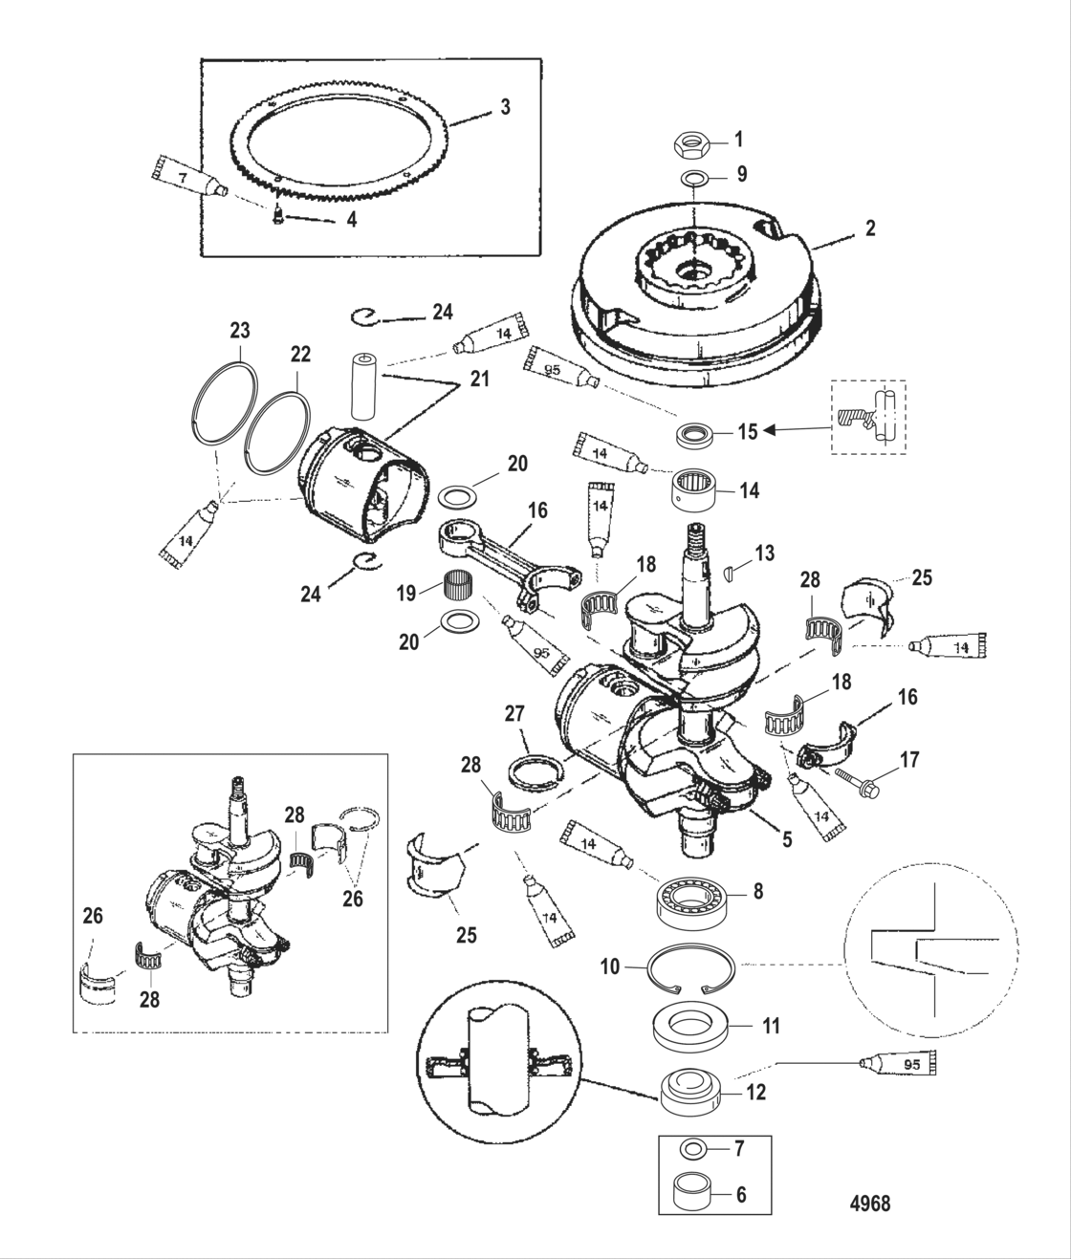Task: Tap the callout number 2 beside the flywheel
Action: coord(869,228)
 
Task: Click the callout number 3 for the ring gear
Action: coord(505,107)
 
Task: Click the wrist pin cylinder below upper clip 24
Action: coord(365,386)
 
